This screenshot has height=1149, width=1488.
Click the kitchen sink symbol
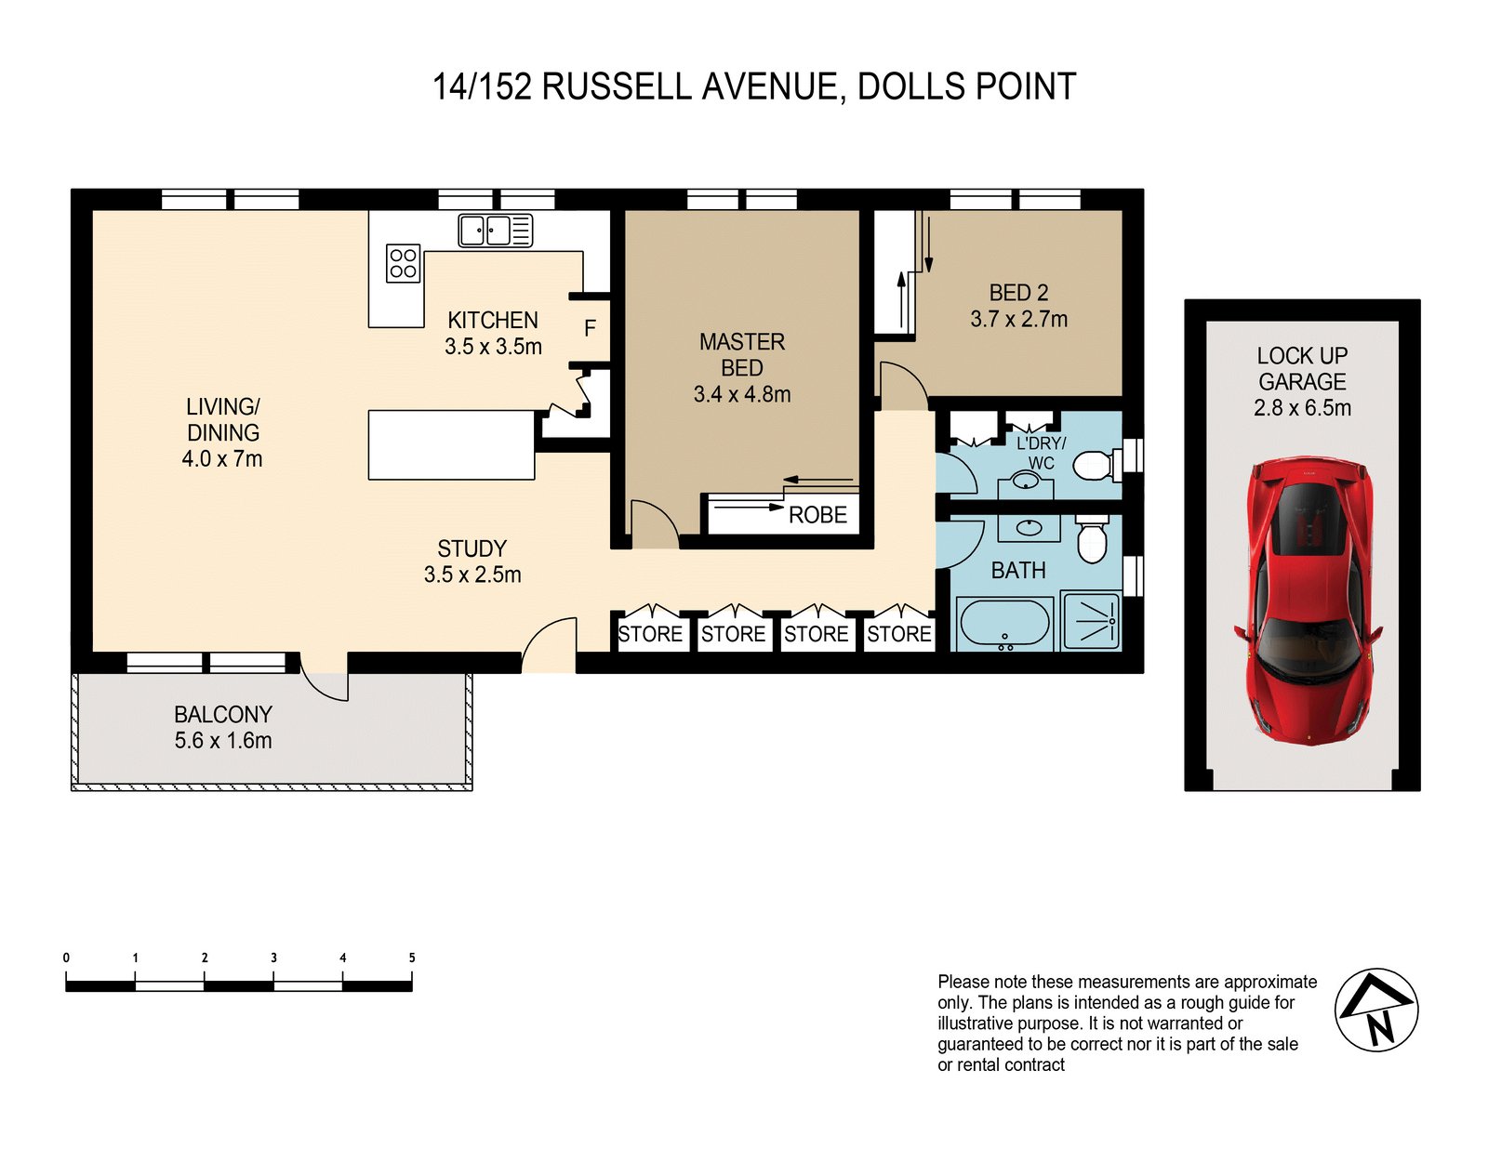click(x=495, y=230)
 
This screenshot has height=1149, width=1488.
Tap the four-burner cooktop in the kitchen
click(x=403, y=263)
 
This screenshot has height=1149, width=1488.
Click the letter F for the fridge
click(x=590, y=328)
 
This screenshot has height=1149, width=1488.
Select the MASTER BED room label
click(x=742, y=354)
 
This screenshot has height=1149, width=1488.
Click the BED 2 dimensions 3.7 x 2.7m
click(x=1018, y=319)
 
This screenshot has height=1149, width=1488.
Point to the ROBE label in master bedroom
click(x=817, y=515)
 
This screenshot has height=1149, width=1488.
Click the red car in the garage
click(x=1308, y=600)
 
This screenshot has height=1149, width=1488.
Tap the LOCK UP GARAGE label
click(x=1302, y=368)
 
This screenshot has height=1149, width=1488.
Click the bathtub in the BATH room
click(x=1004, y=623)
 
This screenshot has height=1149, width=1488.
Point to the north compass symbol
click(x=1376, y=1010)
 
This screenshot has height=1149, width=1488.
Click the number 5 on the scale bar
click(x=412, y=957)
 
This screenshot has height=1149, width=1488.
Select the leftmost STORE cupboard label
click(x=650, y=634)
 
